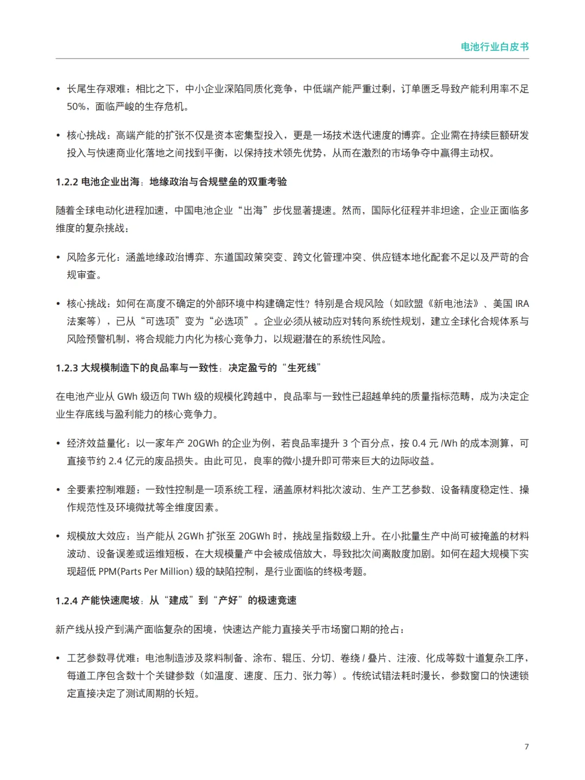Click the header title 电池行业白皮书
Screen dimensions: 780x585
(x=495, y=47)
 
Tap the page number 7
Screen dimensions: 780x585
(x=526, y=746)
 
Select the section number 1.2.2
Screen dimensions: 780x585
(x=67, y=182)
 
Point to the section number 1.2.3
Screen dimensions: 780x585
(x=67, y=368)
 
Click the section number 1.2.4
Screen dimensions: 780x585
(x=67, y=601)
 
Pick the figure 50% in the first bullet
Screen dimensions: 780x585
(x=76, y=107)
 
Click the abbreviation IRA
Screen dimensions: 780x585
(x=522, y=304)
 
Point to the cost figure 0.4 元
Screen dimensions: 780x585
(x=425, y=443)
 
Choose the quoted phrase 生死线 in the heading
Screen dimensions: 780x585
(x=302, y=368)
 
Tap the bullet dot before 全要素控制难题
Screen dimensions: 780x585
(x=58, y=490)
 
